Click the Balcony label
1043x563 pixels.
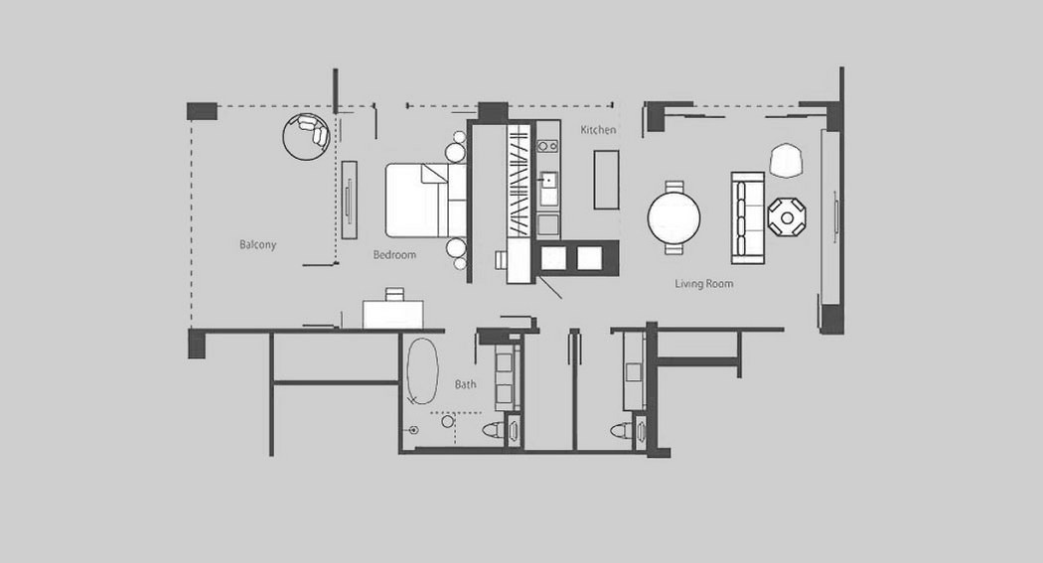point(257,244)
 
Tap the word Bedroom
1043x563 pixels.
point(394,254)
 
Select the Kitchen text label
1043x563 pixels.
point(598,130)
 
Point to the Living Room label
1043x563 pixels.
point(703,284)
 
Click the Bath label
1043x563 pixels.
point(465,384)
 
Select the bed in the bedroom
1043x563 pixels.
point(426,200)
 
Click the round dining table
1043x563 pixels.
point(673,217)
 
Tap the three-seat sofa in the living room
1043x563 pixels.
point(748,217)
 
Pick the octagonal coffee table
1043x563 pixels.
point(787,217)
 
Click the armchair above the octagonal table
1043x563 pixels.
point(787,160)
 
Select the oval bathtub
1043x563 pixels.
point(422,371)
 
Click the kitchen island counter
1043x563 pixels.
point(607,180)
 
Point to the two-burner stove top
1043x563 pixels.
point(548,146)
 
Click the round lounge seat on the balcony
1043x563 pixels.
point(306,136)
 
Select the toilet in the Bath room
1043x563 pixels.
point(494,429)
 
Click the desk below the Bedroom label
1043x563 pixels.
point(393,314)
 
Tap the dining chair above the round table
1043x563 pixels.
point(673,187)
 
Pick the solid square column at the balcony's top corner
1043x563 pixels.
point(202,111)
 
